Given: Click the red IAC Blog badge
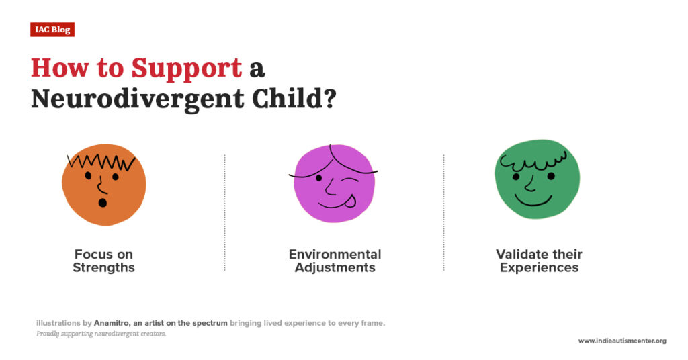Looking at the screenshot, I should click(x=52, y=30).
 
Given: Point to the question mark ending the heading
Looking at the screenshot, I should click(x=328, y=99).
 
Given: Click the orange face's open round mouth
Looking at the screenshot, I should click(x=102, y=202).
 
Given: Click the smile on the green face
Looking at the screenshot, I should click(x=533, y=200).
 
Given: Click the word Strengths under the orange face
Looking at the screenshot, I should click(x=103, y=267).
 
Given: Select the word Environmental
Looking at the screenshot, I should click(x=335, y=255).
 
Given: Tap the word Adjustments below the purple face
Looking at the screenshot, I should click(x=335, y=267).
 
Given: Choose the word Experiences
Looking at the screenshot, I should click(x=539, y=267).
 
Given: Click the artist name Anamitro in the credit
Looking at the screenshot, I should click(x=114, y=323).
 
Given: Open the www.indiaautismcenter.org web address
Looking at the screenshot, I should click(x=622, y=341).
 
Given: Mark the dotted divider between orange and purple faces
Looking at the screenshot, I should click(x=224, y=212).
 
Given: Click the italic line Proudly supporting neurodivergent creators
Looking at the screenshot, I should click(x=101, y=334).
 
